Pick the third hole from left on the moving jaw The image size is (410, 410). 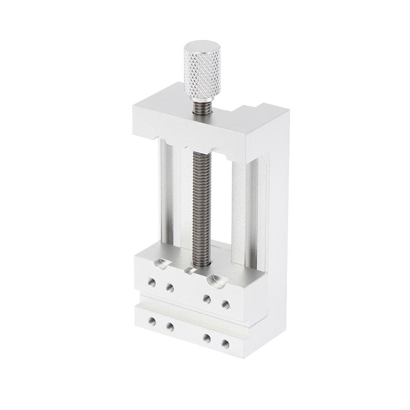[207, 299]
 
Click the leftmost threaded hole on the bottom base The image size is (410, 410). [152, 321]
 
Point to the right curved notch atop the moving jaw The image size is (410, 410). [216, 279]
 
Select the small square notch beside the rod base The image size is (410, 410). [189, 270]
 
